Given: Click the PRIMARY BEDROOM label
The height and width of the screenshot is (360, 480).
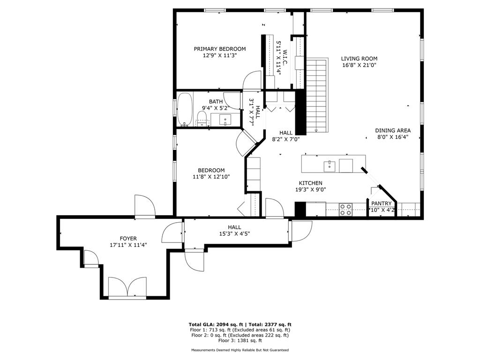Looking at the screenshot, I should [x=220, y=49].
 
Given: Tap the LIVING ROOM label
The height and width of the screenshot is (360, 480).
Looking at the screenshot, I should [x=359, y=59].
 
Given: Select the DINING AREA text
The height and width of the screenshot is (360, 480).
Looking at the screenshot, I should [x=393, y=130].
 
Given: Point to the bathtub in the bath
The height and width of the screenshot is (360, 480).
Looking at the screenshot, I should [x=185, y=109].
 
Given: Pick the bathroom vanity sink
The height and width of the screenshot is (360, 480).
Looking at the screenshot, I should [x=226, y=120].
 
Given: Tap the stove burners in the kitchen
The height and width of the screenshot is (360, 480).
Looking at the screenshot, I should [x=346, y=209].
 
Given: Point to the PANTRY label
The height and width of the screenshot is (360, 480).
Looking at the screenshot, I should [x=381, y=203].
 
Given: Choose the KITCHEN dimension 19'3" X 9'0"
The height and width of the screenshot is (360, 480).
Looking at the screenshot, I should [x=310, y=190].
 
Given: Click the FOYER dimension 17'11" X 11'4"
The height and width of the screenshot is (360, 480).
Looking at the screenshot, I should [x=127, y=245].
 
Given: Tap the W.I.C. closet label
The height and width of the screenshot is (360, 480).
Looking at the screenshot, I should [x=285, y=57].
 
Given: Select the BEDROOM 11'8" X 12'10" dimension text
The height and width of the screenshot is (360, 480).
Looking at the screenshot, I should [x=211, y=177].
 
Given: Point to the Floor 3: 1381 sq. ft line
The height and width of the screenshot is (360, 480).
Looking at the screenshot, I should [x=240, y=341].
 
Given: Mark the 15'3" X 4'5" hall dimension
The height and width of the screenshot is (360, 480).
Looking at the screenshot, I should [x=234, y=233].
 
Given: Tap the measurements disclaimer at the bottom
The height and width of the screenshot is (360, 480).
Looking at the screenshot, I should [x=240, y=350].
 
